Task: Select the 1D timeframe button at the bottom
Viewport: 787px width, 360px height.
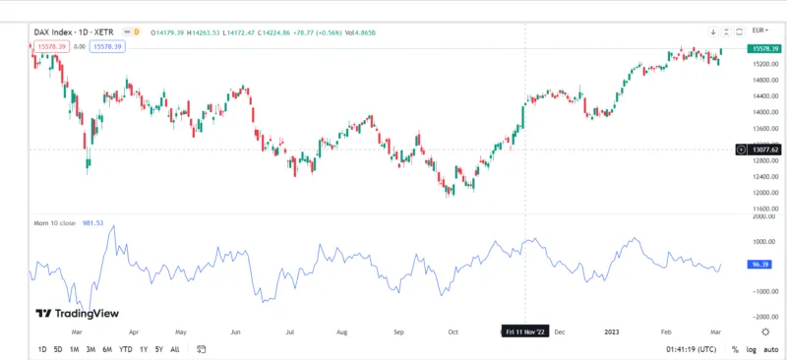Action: pos(42,349)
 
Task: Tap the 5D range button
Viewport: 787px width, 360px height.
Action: pos(58,349)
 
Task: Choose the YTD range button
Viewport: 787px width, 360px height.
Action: pos(126,349)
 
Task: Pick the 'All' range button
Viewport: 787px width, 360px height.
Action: pos(175,349)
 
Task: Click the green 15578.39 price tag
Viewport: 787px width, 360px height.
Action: pos(763,48)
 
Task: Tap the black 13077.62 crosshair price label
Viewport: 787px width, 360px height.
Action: pos(763,150)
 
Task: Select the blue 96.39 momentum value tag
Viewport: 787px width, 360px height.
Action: pos(758,266)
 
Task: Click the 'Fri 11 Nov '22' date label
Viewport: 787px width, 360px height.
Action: pos(525,331)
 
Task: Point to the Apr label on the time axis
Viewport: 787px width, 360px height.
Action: pos(132,332)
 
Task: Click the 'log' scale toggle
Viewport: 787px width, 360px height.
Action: pos(751,349)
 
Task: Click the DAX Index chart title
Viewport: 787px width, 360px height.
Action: pos(70,31)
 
